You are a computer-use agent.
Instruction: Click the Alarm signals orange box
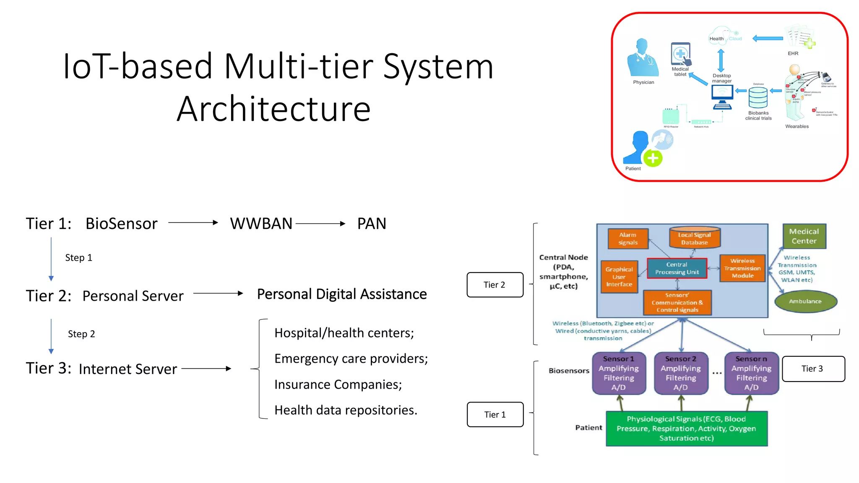coord(627,239)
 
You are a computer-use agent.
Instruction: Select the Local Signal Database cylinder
coord(694,238)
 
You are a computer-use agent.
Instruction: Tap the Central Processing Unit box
coord(677,268)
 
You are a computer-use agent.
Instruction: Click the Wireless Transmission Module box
coord(742,268)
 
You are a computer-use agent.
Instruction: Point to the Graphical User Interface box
coord(619,277)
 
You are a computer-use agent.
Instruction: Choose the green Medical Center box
coord(804,236)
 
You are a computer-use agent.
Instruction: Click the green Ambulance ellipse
coord(805,301)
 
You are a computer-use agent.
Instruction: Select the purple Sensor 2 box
coord(681,373)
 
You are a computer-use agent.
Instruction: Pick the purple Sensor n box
coord(751,373)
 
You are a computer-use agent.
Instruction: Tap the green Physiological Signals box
coord(686,428)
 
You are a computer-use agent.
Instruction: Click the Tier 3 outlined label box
coord(813,369)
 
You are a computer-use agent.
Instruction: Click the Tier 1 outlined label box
coord(495,414)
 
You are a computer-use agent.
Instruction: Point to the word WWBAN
coord(261,223)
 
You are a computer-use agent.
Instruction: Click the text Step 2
coord(81,334)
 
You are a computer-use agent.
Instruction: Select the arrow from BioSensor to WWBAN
coord(193,223)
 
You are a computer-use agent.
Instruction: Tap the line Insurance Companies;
coord(338,384)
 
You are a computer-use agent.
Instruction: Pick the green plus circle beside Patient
coord(653,158)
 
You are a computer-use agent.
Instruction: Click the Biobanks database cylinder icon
coord(758,98)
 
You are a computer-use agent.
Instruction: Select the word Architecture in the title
coord(273,109)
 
